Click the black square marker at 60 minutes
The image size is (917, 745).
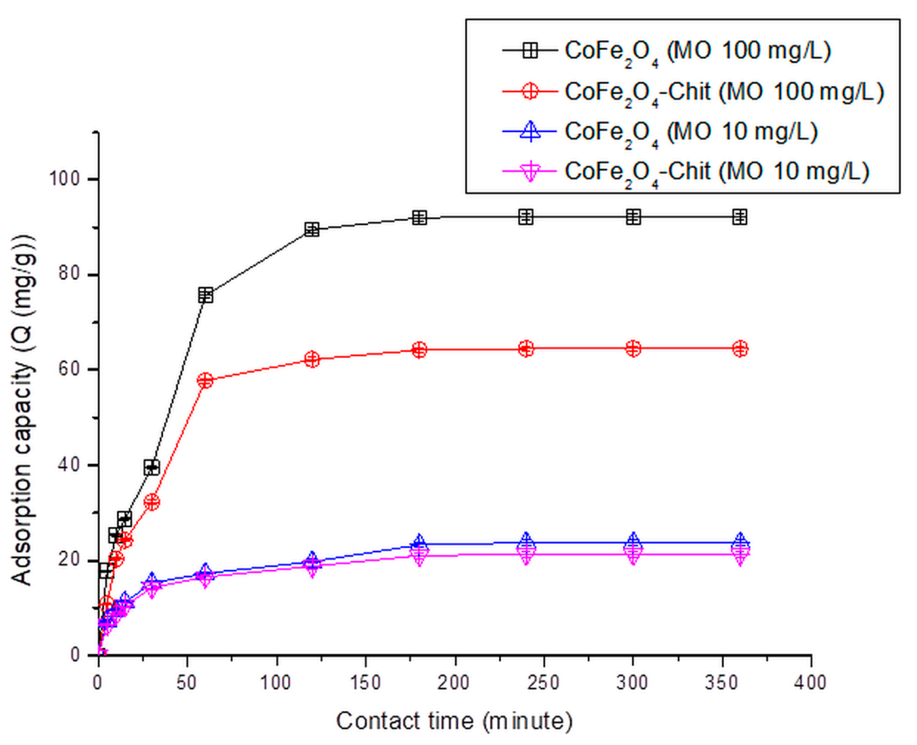(205, 295)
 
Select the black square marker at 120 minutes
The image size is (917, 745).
(312, 230)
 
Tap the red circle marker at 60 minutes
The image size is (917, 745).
(205, 380)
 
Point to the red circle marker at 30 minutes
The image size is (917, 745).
(152, 502)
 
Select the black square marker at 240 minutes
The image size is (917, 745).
(526, 217)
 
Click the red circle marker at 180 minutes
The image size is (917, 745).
(419, 350)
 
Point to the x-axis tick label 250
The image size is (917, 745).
(544, 682)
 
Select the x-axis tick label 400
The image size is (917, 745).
(810, 682)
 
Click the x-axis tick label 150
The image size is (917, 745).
(366, 682)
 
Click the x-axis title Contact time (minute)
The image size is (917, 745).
(454, 721)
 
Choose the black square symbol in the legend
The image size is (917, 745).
(530, 51)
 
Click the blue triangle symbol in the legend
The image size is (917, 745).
(530, 131)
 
